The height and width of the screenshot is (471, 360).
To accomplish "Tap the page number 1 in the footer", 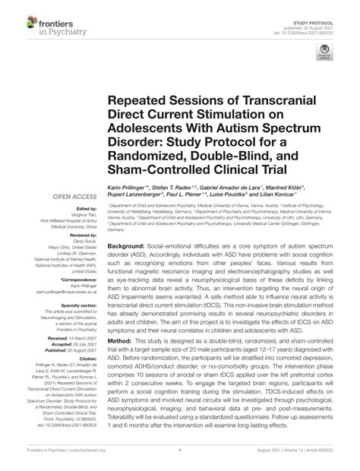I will click(179, 451).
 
